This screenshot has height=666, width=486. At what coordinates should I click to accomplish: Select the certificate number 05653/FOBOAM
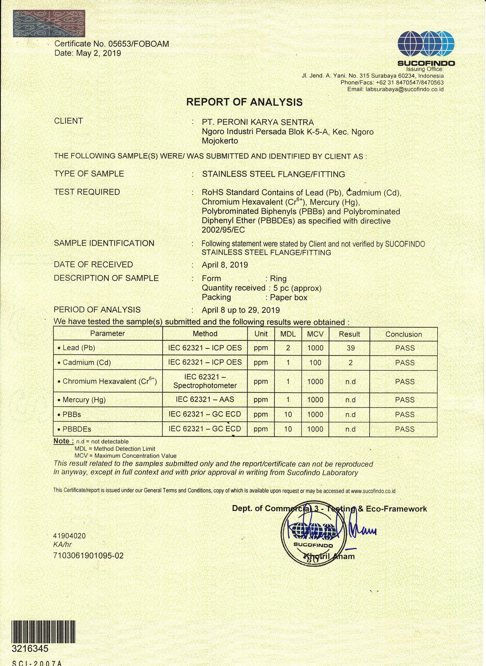point(139,44)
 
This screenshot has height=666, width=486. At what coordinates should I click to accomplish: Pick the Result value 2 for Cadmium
point(350,363)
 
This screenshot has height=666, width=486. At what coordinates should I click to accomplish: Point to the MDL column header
point(288,334)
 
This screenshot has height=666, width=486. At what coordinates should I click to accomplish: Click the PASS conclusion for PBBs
point(405,414)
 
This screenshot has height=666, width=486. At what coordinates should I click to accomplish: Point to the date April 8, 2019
point(225,265)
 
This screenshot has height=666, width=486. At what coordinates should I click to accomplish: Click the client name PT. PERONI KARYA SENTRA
point(258,122)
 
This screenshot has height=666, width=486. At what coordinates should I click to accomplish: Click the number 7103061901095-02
point(88,556)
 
